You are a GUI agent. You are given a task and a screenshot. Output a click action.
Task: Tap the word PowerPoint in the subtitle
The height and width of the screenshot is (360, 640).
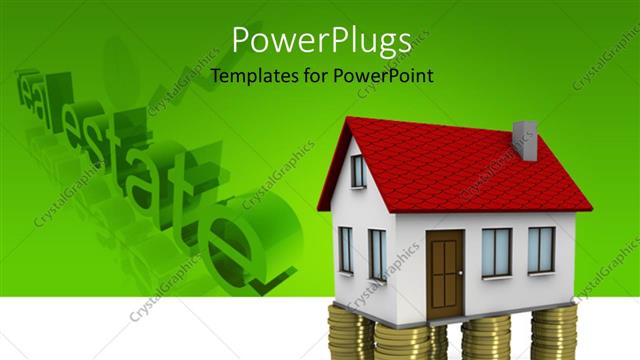coord(386,76)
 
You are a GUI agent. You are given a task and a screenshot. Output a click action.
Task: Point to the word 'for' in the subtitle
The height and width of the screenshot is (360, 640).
coord(317,76)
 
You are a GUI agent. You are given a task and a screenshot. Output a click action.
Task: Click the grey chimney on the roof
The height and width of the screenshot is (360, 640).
coord(525,141)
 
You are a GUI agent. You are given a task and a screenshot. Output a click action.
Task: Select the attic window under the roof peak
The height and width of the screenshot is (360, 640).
coord(357,170)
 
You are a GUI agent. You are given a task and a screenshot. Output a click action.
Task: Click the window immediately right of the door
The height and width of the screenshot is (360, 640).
coord(496,251)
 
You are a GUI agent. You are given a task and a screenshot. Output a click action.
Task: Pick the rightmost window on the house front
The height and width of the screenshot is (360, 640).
coord(541,249)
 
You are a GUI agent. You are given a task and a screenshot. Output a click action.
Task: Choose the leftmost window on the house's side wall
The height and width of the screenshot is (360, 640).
coord(345,250)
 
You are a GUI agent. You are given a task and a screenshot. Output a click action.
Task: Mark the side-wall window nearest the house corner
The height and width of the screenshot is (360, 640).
coord(377,254)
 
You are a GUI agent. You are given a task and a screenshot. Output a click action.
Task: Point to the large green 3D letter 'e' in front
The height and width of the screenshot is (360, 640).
coord(245,235)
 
